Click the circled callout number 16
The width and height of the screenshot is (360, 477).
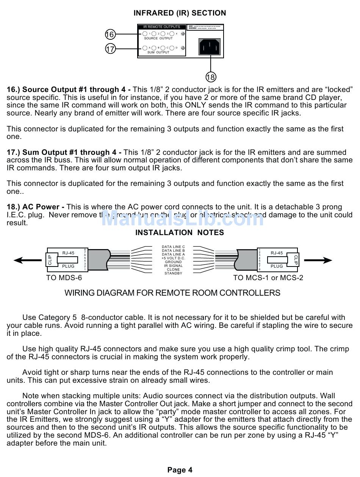[110, 34]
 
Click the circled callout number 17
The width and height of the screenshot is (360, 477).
[110, 49]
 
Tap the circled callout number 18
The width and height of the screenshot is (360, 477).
[211, 77]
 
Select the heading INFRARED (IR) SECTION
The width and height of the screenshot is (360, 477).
[180, 13]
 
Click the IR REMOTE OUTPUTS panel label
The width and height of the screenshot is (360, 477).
[162, 27]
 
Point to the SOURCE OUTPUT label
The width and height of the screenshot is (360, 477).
[158, 38]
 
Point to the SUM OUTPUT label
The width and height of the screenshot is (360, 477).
[158, 52]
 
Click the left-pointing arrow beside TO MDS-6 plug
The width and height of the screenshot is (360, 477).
[27, 260]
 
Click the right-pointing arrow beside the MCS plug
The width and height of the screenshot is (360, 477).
[318, 260]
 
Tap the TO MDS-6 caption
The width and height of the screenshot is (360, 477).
[64, 278]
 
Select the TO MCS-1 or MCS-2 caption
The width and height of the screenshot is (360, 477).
[268, 278]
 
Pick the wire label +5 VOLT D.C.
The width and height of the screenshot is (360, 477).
[173, 258]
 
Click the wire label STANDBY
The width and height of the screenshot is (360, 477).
[173, 273]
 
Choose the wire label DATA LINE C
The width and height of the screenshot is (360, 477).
[173, 247]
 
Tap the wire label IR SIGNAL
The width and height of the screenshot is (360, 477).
[173, 266]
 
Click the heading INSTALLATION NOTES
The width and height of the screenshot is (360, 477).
[180, 233]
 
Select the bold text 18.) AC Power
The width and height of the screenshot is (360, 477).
[36, 207]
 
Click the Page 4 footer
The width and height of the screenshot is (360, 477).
[180, 470]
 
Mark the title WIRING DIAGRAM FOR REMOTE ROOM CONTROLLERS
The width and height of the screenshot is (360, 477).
[172, 293]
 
